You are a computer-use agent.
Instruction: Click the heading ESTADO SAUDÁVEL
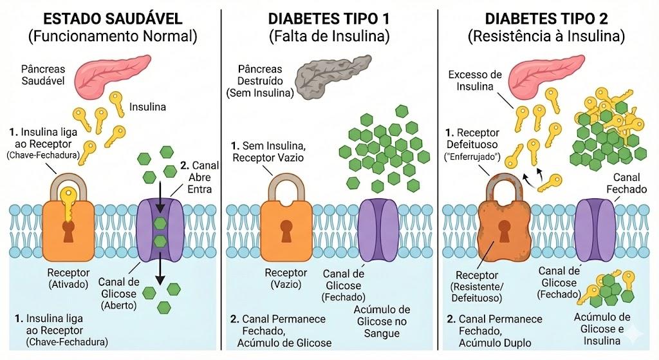point(113,19)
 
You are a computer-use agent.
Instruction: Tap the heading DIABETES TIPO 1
point(329,19)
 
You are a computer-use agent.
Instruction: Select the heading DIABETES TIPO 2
point(546,19)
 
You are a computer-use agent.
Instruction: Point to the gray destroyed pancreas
point(332,77)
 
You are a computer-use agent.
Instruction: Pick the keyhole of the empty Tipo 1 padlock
point(286,231)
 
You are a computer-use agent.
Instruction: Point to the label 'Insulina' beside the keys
point(147,107)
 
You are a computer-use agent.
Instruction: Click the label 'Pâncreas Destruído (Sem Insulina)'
point(260,81)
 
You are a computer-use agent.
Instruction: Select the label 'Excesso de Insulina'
point(475,81)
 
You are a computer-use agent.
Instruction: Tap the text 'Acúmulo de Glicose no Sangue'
point(382,322)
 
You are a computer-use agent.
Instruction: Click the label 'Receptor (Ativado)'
point(68,278)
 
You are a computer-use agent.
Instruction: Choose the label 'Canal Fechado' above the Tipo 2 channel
point(626,184)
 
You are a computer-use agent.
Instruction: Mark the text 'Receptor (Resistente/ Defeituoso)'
point(477,287)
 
